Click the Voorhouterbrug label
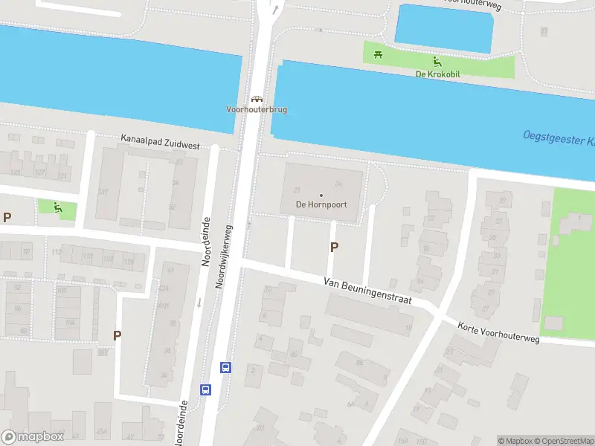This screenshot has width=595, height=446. [x=257, y=109]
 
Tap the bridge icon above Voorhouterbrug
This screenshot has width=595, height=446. [x=257, y=98]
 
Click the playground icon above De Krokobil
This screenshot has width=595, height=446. [x=437, y=62]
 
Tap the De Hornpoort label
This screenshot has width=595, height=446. [x=321, y=205]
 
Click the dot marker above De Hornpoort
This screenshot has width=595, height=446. [x=321, y=195]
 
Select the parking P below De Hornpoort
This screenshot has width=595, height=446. [x=334, y=247]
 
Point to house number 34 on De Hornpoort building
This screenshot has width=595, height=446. [x=338, y=184]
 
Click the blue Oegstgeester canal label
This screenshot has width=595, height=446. [x=558, y=138]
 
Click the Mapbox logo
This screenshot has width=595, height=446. [x=33, y=437]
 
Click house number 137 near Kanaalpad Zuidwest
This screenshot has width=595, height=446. [x=103, y=192]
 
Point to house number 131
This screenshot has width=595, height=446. [x=62, y=176]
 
